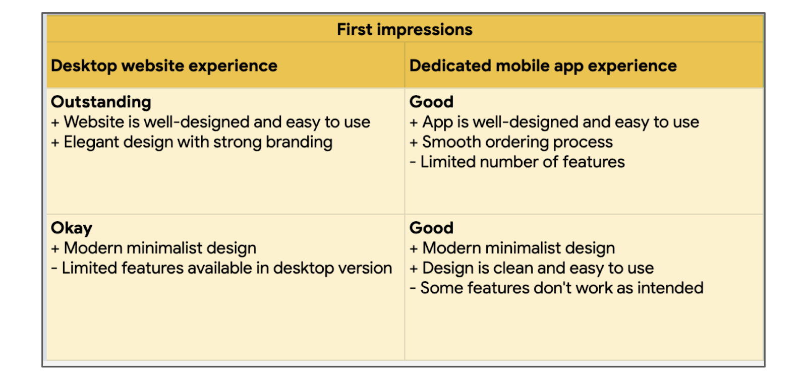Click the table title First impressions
coord(405,30)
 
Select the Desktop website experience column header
coord(164,66)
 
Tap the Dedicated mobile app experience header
coord(543,66)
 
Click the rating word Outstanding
coord(101,102)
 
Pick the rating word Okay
coord(72,228)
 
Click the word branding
coord(299,143)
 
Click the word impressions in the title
coord(425,30)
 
